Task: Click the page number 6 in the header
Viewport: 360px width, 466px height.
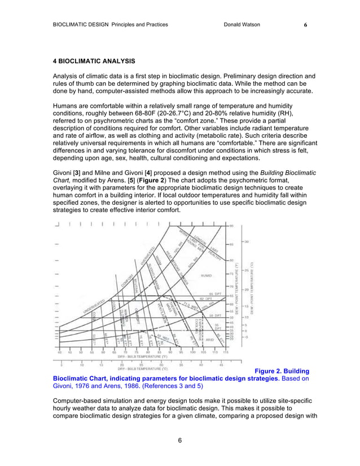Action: [x=305, y=25]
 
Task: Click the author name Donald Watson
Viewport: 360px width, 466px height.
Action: [x=242, y=25]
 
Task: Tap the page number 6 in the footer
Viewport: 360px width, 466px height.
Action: [x=179, y=441]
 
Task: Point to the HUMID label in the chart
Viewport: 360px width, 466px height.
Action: [x=206, y=275]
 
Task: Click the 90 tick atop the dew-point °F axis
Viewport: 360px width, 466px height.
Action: [x=232, y=226]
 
